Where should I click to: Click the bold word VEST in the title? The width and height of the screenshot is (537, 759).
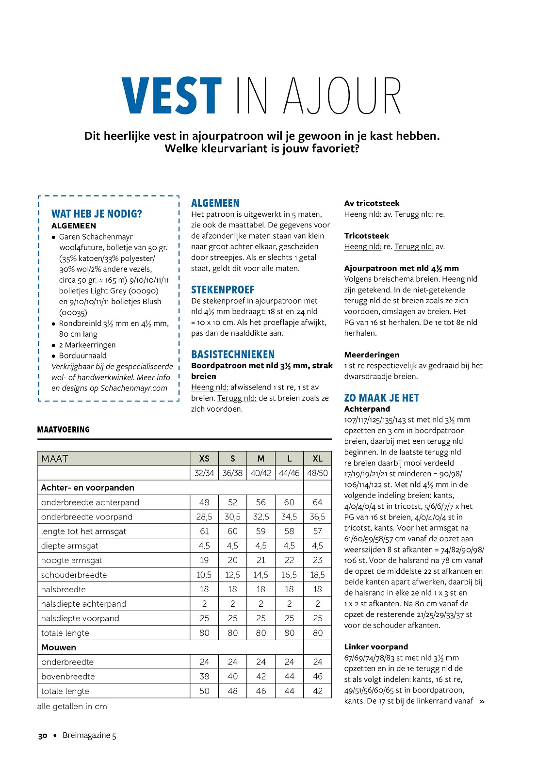(172, 96)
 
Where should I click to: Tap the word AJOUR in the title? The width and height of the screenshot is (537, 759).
(342, 96)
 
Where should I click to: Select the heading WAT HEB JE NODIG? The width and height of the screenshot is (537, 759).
(97, 214)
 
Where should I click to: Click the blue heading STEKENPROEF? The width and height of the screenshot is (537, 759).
(223, 290)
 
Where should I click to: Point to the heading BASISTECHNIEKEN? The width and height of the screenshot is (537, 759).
(233, 355)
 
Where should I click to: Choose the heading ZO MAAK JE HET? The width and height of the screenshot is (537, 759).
(381, 398)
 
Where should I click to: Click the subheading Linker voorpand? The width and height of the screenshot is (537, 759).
(376, 646)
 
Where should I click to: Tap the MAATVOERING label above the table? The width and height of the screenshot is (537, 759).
(64, 430)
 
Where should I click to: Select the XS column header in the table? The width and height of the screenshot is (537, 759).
(204, 459)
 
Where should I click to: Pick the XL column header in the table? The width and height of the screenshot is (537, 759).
(317, 459)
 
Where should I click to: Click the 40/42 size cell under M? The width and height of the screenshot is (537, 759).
(261, 473)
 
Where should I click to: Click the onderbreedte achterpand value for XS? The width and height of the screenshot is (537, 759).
(204, 502)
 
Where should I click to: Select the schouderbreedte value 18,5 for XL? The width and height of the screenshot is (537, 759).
(317, 575)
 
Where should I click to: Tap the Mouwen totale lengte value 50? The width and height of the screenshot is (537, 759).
(204, 691)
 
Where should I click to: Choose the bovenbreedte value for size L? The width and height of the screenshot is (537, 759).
(289, 677)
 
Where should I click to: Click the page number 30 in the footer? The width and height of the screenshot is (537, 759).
(43, 736)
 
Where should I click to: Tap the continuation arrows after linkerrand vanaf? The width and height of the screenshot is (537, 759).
(482, 701)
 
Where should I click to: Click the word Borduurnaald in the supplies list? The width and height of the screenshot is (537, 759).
(82, 355)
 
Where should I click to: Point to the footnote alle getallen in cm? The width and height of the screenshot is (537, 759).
(72, 706)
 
